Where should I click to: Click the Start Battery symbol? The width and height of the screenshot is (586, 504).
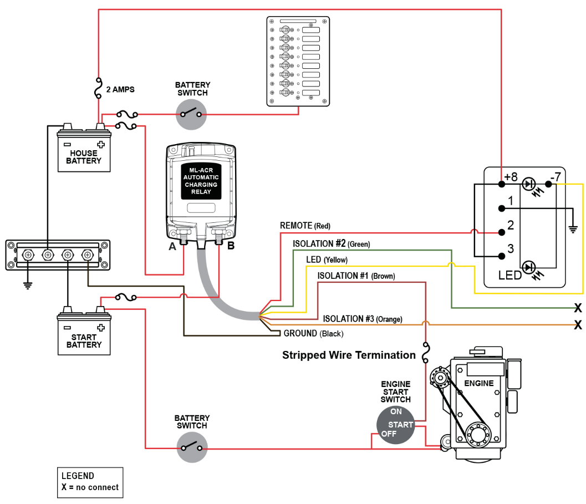click(84, 334)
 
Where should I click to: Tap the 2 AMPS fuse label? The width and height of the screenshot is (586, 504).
click(120, 89)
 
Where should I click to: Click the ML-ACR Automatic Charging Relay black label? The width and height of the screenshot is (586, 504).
click(201, 181)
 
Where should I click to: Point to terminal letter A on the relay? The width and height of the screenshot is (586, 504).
click(172, 247)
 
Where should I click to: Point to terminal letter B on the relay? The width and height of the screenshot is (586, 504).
click(231, 246)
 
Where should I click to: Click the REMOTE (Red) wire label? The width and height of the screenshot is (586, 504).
click(305, 226)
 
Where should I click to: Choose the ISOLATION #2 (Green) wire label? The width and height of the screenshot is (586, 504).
click(331, 244)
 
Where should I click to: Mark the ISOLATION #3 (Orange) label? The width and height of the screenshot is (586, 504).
click(363, 319)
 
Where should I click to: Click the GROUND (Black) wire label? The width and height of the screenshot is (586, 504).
click(313, 334)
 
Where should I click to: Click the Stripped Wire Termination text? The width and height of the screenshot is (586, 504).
click(349, 355)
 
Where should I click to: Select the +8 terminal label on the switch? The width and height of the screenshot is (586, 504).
click(511, 177)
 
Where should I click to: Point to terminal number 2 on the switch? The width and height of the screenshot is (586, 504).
click(511, 226)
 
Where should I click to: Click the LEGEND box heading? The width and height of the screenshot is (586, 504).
click(78, 476)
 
